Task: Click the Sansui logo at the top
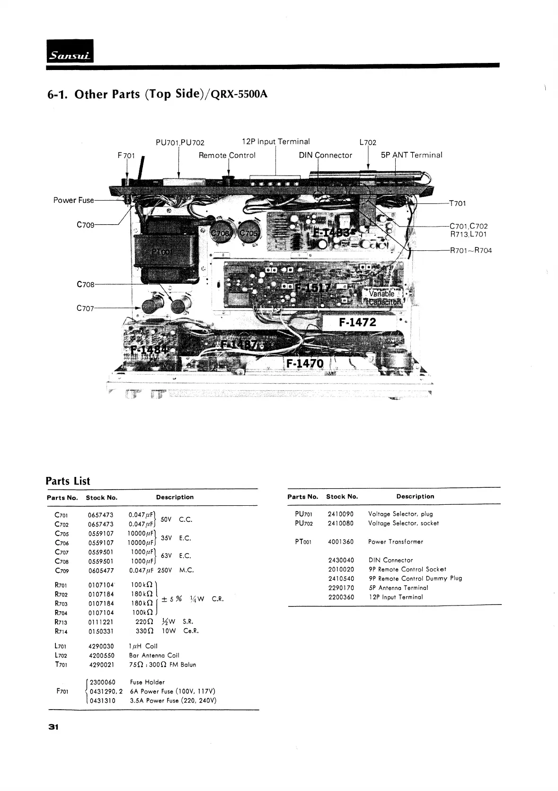(70, 51)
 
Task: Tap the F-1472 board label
(357, 322)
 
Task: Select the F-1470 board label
(305, 363)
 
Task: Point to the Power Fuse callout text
(73, 200)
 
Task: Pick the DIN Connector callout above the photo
(326, 155)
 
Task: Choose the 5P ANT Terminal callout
(411, 155)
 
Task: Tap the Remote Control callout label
(227, 155)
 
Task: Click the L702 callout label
(368, 142)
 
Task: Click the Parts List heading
(68, 481)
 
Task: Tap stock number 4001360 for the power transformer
(340, 542)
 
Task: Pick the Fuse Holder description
(147, 682)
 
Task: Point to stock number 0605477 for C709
(101, 571)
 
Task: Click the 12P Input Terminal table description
(396, 597)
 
